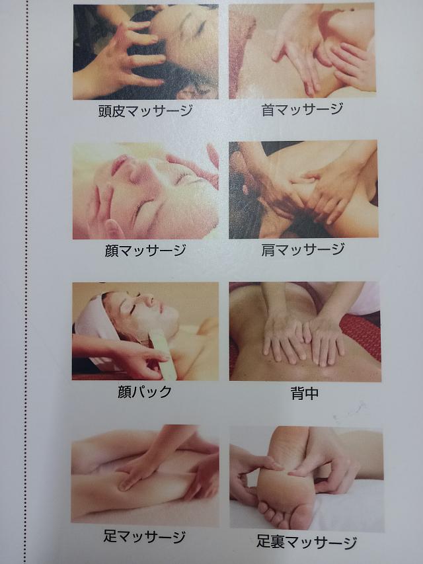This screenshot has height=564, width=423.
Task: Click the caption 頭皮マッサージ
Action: pyautogui.click(x=145, y=111)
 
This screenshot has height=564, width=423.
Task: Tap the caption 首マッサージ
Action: pyautogui.click(x=303, y=109)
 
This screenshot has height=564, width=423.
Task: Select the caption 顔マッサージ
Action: pyautogui.click(x=145, y=250)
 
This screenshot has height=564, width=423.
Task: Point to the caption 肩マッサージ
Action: pyautogui.click(x=303, y=249)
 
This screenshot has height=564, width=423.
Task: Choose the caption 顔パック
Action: pyautogui.click(x=145, y=391)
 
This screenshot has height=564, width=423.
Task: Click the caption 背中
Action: pyautogui.click(x=305, y=393)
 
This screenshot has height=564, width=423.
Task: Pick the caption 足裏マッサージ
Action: pyautogui.click(x=307, y=542)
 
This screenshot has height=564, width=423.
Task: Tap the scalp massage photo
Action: pyautogui.click(x=145, y=52)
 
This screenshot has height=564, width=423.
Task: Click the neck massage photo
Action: pyautogui.click(x=302, y=51)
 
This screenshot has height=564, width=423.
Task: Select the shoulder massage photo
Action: pyautogui.click(x=303, y=190)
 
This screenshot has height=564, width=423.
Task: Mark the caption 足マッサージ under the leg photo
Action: pyautogui.click(x=144, y=537)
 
